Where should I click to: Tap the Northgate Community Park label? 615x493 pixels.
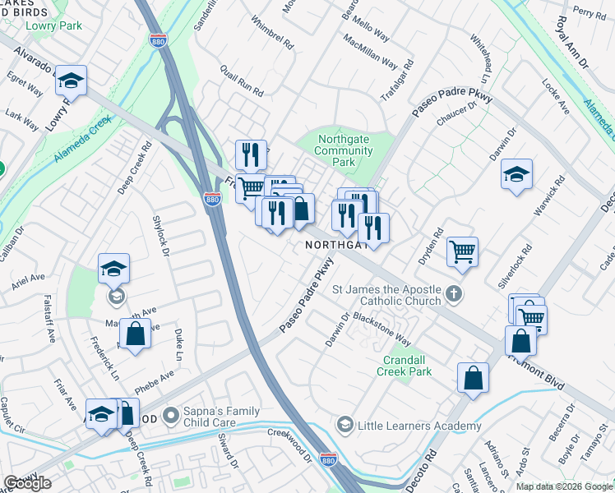[x=345, y=151]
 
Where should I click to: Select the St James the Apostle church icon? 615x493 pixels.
[x=453, y=293]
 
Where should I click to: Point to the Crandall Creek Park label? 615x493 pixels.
[x=405, y=366]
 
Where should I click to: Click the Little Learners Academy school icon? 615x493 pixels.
[x=344, y=425]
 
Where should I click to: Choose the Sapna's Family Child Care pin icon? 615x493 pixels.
[x=171, y=417]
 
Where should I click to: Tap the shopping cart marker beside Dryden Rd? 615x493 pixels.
[x=463, y=251]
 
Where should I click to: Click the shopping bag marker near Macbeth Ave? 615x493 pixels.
[x=136, y=334]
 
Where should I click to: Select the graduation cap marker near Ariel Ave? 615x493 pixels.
[x=113, y=268]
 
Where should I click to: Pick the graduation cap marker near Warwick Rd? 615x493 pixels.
[x=516, y=175]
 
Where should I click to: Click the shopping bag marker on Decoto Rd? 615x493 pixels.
[x=474, y=378]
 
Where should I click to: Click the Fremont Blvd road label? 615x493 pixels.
[x=538, y=366]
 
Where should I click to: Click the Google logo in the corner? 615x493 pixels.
[x=28, y=483]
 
